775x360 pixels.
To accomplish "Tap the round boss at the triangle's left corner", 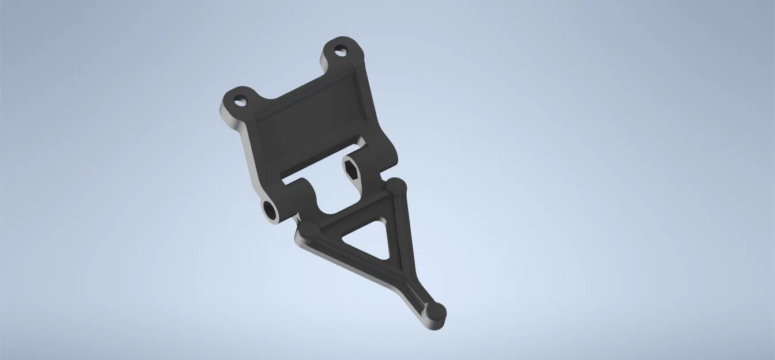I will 307,232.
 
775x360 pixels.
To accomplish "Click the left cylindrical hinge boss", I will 288,199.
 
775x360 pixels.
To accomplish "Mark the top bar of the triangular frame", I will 351,211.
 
